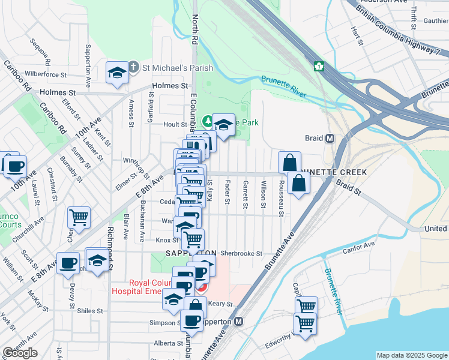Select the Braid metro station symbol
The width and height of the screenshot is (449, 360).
[x=330, y=138]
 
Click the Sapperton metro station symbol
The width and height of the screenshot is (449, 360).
[x=239, y=322]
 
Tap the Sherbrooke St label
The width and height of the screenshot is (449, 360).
[x=241, y=254]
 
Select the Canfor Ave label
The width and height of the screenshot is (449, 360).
[x=360, y=244]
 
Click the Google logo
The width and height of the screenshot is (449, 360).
[x=20, y=353]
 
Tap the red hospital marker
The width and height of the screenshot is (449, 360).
[x=202, y=287]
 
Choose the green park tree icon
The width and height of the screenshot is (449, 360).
[x=208, y=122]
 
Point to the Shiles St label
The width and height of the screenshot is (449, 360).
[x=91, y=311]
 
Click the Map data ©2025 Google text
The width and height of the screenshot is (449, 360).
[x=412, y=355]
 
